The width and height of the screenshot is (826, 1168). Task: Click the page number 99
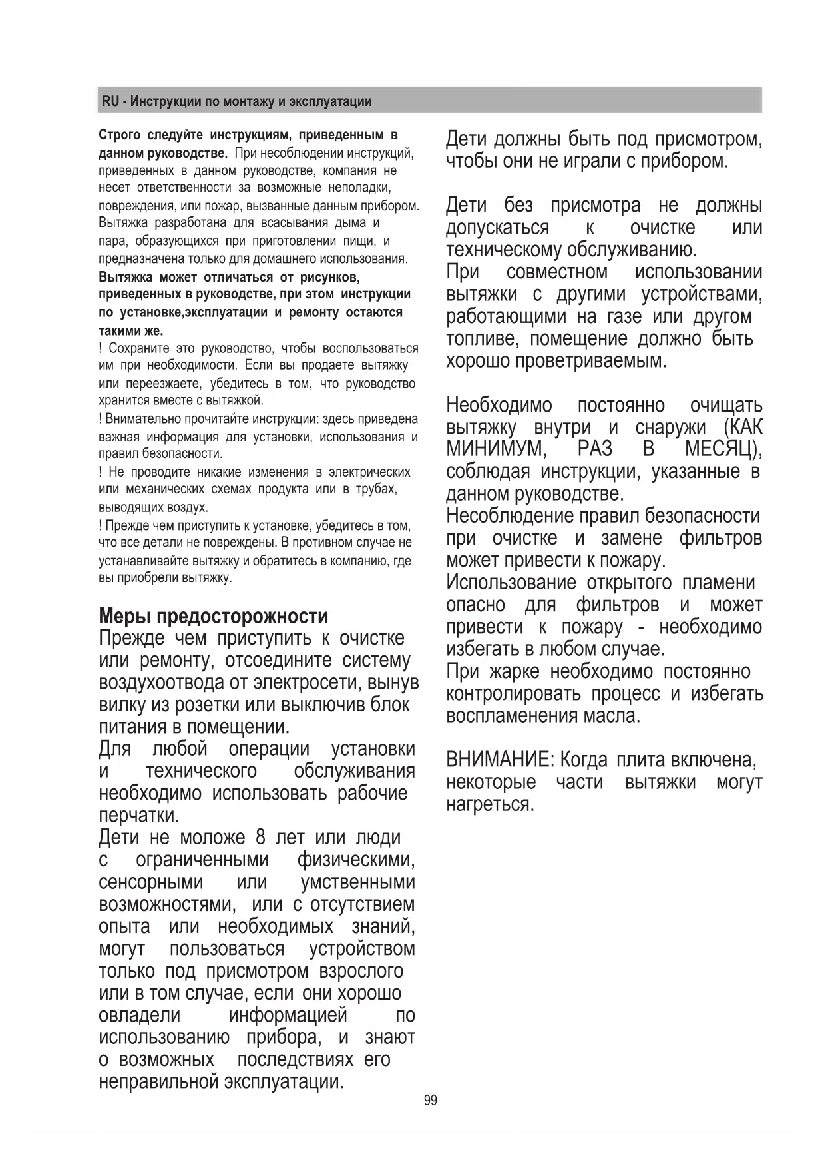(x=431, y=1101)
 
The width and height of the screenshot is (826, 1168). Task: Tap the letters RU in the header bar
(x=110, y=102)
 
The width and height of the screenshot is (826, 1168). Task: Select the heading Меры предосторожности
(x=213, y=615)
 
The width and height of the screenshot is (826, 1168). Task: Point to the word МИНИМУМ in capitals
(x=496, y=449)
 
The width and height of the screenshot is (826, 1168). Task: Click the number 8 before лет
(x=260, y=837)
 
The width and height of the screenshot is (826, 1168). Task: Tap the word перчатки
(x=138, y=816)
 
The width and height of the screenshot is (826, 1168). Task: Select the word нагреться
(x=490, y=804)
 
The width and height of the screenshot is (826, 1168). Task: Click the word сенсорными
(x=150, y=882)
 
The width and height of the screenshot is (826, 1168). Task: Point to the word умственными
(x=358, y=882)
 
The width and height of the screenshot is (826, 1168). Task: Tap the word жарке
(x=514, y=671)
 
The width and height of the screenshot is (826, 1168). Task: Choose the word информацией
(x=288, y=1016)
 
